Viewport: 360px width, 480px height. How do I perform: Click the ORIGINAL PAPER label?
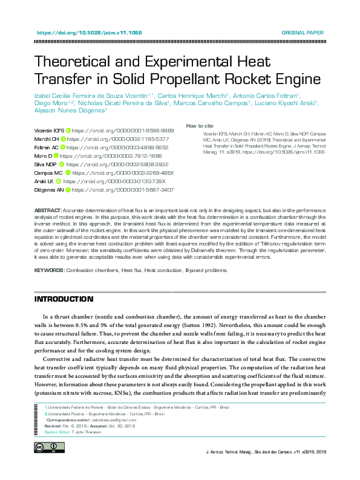pyautogui.click(x=303, y=33)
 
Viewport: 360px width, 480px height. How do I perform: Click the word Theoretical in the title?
pyautogui.click(x=85, y=62)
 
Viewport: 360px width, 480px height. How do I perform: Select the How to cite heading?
pyautogui.click(x=199, y=126)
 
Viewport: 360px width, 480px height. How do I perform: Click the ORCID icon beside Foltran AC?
pyautogui.click(x=64, y=147)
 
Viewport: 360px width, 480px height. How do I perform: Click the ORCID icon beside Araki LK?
pyautogui.click(x=59, y=181)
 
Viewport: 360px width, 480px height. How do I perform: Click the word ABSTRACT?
pyautogui.click(x=48, y=209)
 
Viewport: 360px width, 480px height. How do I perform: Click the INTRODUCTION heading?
pyautogui.click(x=64, y=299)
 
